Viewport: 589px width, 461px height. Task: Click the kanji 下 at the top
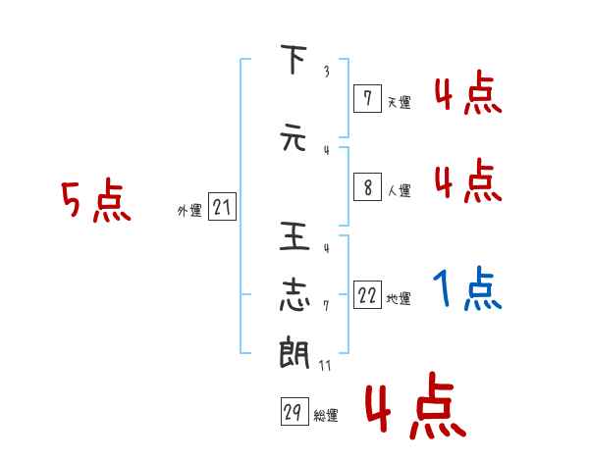point(293,62)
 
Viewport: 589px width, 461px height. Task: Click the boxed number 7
point(367,98)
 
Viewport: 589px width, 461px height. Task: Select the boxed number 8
point(367,187)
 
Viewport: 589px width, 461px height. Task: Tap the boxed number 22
point(367,295)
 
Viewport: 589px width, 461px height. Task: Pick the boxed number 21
point(222,207)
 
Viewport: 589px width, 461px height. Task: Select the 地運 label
point(399,299)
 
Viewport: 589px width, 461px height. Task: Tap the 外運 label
point(189,211)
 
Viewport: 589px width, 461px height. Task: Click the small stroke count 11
point(325,366)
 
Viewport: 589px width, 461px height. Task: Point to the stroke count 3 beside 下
point(326,72)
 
